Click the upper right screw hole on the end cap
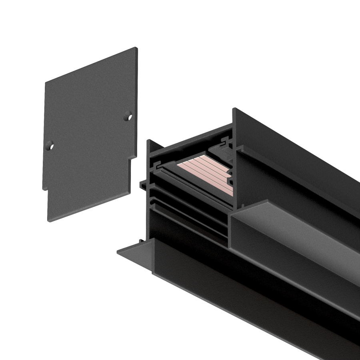[129, 116]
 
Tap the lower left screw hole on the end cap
[50, 146]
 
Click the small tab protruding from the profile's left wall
[143, 184]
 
